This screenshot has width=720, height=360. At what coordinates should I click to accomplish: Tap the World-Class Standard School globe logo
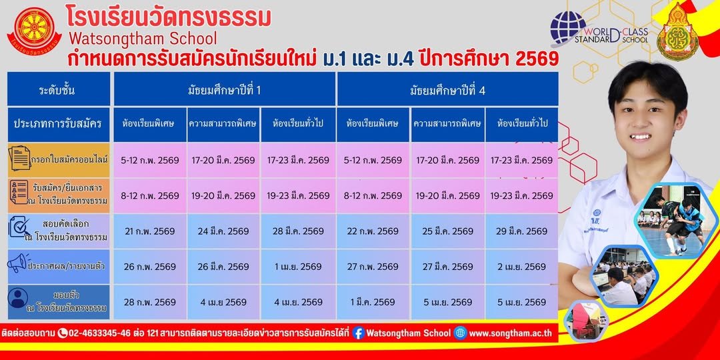tap(567, 27)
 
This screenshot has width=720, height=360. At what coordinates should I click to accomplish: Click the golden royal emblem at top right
tap(677, 32)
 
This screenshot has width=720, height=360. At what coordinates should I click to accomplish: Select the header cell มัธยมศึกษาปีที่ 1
tap(224, 89)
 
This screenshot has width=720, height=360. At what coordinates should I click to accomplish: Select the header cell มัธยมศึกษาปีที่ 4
tap(447, 89)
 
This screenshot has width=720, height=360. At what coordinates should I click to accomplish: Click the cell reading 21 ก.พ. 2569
tap(150, 231)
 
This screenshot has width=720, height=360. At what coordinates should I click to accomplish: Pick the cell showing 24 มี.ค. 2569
tap(223, 231)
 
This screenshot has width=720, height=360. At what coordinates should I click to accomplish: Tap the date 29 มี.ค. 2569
tap(521, 231)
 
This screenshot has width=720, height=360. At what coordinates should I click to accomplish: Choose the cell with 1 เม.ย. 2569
tap(298, 267)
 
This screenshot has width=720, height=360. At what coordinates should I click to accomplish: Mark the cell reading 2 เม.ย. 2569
tap(521, 267)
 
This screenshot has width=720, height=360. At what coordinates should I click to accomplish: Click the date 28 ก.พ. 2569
tap(150, 302)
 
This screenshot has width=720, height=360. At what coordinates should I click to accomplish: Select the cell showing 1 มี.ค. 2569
tap(373, 302)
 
